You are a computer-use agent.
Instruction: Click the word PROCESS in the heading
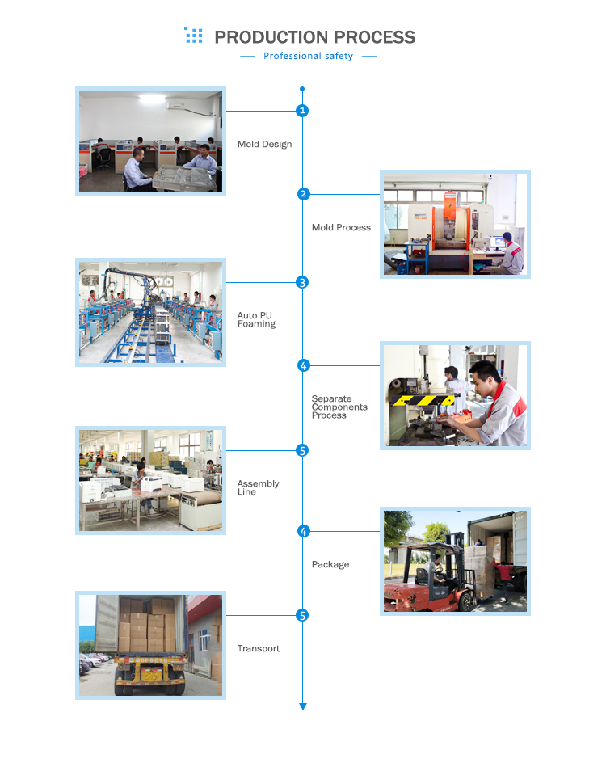pos(374,37)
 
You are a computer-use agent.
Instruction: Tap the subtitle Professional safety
pos(309,56)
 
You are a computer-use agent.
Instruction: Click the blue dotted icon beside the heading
pos(194,35)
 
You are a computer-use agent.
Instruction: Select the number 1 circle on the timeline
pos(302,111)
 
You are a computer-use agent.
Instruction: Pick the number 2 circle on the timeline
pos(303,194)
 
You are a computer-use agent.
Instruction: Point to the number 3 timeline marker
pos(302,282)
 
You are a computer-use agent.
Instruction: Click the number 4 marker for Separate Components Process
pos(303,365)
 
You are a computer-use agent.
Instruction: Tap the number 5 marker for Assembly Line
pos(302,450)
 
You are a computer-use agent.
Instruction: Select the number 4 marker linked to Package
pos(303,531)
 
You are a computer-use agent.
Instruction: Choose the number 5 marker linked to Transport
pos(302,615)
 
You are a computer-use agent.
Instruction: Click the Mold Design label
pos(264,145)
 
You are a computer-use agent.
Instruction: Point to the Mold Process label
pos(341,227)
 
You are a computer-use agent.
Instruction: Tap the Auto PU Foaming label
pos(256,320)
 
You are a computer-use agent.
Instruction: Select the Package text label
pos(330,564)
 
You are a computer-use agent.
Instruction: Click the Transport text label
pos(259,648)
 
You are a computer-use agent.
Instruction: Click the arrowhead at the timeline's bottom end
pos(302,706)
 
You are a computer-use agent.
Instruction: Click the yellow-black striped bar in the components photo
pos(423,400)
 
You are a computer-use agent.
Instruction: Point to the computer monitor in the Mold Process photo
pos(498,242)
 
